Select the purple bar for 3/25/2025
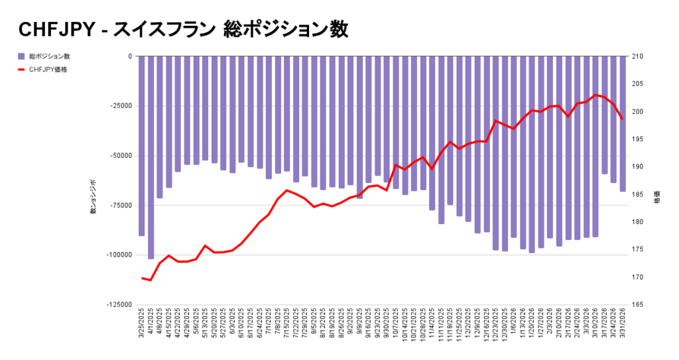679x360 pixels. (x=142, y=146)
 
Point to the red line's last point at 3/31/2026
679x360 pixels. (x=623, y=119)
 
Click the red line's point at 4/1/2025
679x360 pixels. (x=151, y=280)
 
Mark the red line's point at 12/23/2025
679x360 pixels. (x=495, y=121)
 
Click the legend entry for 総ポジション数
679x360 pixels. (x=50, y=56)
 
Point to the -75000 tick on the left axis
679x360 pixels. (x=121, y=206)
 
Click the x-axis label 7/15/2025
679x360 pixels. (x=286, y=325)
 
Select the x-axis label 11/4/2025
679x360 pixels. (x=432, y=325)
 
